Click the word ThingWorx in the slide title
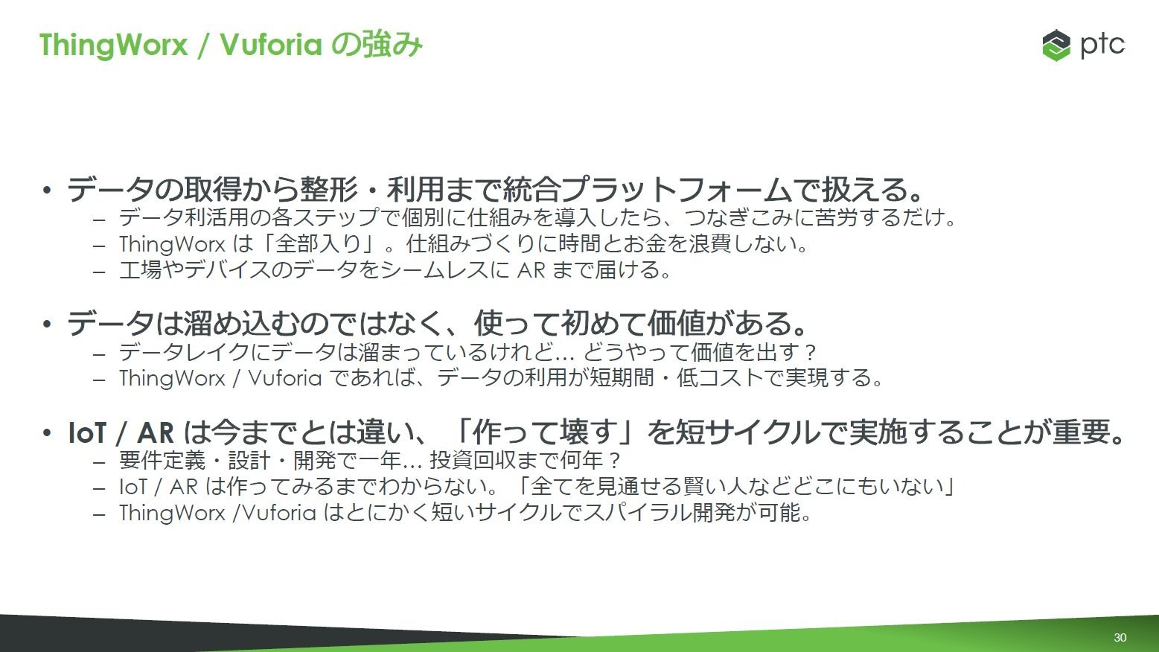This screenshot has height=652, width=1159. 113,45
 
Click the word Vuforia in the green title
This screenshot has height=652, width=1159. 271,45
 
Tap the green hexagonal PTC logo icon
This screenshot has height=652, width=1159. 1056,45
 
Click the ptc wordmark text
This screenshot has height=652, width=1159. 1102,45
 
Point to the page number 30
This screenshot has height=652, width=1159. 1120,638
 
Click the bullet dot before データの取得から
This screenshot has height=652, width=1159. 47,190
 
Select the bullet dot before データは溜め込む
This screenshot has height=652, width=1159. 47,325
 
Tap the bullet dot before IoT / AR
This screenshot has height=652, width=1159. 47,432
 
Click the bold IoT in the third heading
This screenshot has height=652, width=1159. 87,433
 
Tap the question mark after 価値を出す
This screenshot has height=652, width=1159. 811,353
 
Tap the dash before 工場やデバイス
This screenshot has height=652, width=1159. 99,271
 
